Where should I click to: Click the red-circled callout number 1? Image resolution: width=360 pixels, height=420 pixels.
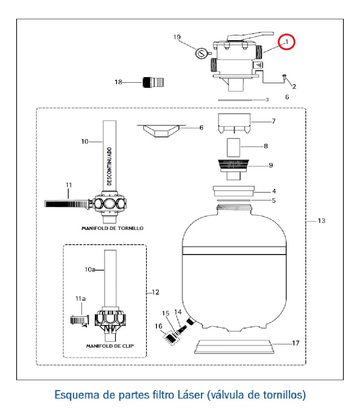287,42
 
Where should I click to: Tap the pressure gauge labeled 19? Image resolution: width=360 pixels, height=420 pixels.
201,53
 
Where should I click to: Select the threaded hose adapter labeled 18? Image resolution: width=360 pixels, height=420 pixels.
153,82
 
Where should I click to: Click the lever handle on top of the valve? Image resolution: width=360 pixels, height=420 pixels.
250,36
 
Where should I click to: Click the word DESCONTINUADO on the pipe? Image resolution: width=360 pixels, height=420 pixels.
109,166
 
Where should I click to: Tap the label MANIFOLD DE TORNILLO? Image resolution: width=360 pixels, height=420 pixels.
112,228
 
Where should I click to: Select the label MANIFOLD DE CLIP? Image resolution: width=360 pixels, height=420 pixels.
110,346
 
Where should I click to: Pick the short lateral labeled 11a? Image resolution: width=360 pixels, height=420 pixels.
80,320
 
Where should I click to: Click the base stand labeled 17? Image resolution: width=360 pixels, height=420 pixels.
234,347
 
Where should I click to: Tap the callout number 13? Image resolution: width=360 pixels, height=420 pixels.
322,221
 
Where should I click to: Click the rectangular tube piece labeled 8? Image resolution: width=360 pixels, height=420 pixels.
233,148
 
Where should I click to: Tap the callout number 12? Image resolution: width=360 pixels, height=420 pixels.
156,292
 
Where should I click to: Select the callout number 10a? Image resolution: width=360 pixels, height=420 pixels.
90,269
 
